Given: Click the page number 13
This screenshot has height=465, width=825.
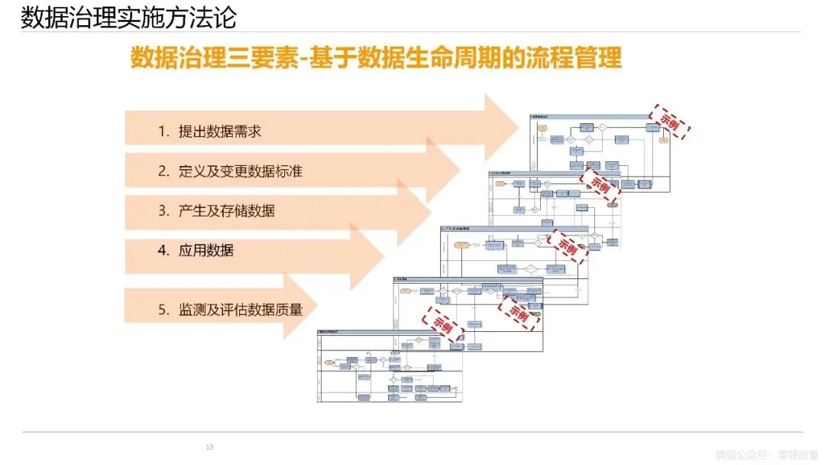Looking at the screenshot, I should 209,447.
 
